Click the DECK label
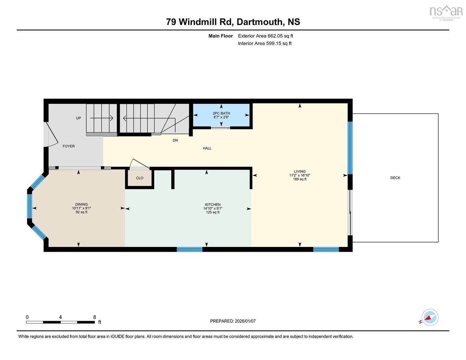(x=395, y=178)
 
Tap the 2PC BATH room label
(x=221, y=113)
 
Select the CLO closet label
(x=139, y=178)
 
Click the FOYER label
(x=69, y=146)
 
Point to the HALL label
(x=207, y=148)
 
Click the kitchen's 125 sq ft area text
(x=213, y=212)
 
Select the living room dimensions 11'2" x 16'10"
(x=299, y=175)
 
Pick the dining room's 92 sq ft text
(x=82, y=212)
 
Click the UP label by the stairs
(x=78, y=118)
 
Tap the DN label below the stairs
(x=175, y=140)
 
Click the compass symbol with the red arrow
(x=430, y=317)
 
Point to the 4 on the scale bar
(x=60, y=317)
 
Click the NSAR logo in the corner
(x=446, y=12)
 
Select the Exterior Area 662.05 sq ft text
(x=265, y=36)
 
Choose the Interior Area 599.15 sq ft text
(x=265, y=44)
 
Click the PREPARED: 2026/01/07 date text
(x=233, y=321)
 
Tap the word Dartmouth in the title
(x=260, y=22)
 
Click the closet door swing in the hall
(x=139, y=164)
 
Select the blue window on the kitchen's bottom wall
(x=189, y=249)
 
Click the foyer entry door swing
(x=50, y=135)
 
